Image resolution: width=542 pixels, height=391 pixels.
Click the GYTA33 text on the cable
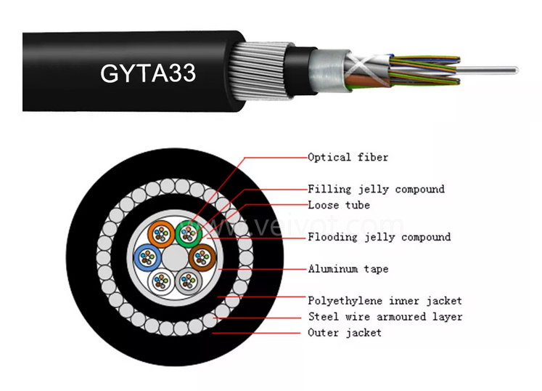148,73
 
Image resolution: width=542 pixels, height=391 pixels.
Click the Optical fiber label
348,157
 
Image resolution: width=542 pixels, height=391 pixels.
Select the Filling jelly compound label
376,189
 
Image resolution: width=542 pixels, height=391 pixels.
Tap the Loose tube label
338,205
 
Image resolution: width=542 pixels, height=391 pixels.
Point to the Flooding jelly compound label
379,237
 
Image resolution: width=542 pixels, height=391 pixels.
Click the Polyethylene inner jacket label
385,300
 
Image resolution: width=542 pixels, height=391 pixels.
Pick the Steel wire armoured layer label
385,317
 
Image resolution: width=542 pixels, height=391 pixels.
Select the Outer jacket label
345,333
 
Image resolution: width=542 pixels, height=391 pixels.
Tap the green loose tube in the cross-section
188,233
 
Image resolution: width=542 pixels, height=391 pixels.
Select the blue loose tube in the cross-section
146,257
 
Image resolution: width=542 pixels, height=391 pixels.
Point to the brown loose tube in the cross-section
202,257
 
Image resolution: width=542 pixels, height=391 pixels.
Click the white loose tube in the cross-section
160,281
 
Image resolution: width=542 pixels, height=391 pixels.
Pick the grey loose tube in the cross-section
188,281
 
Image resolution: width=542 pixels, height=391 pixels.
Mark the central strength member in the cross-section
173,258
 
